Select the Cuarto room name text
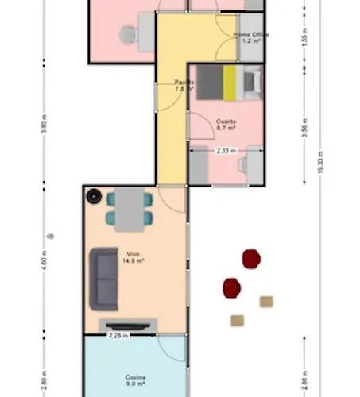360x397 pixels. point(224,121)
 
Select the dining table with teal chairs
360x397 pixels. point(130,209)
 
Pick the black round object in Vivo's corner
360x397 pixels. point(94,195)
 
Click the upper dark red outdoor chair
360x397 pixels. point(251,257)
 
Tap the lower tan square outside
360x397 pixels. point(237,321)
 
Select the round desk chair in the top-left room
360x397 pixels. point(127,33)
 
